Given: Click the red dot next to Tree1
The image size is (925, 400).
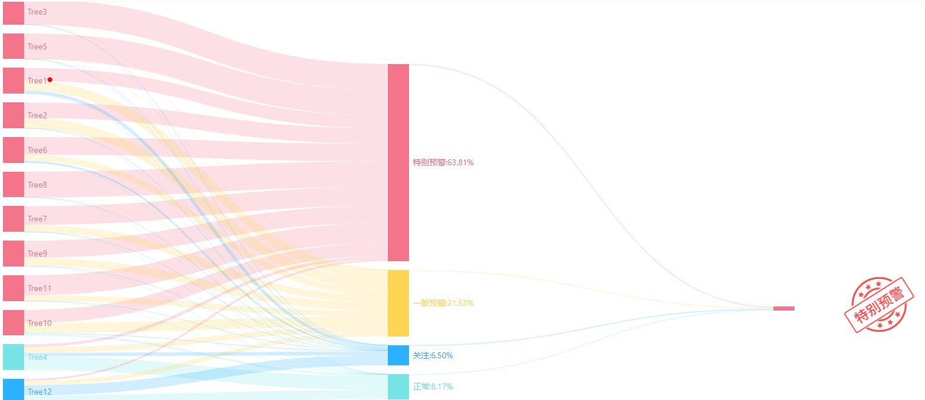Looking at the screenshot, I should [50, 79].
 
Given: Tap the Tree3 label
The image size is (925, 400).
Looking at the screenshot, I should [37, 12].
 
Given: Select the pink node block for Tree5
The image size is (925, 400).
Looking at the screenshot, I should [14, 46].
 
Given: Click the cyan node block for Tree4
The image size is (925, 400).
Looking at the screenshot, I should [14, 357].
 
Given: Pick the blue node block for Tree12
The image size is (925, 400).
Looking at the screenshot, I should [14, 389].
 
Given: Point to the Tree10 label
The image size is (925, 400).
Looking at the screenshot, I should [39, 323].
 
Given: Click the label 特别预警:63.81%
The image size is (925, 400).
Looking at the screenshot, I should [443, 162].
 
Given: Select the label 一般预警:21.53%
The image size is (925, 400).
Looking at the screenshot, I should [443, 303].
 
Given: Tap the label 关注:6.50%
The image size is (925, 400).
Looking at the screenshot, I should [433, 355].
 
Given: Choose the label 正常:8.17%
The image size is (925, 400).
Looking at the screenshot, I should [433, 386].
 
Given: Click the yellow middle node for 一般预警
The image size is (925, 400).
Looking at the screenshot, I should [398, 303].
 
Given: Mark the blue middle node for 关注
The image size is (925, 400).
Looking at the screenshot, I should [398, 355].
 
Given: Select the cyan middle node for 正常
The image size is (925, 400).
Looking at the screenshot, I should [398, 386].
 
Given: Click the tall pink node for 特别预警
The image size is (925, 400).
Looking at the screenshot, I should [398, 162].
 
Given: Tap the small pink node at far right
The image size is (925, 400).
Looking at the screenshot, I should [783, 308].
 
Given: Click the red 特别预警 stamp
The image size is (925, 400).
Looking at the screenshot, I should [879, 305].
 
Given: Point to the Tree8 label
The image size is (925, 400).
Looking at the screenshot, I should [37, 185].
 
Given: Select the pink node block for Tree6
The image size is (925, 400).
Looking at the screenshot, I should [14, 150].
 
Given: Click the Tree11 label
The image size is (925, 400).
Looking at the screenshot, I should [39, 288].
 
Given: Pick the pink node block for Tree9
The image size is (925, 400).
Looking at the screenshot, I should [14, 254].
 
